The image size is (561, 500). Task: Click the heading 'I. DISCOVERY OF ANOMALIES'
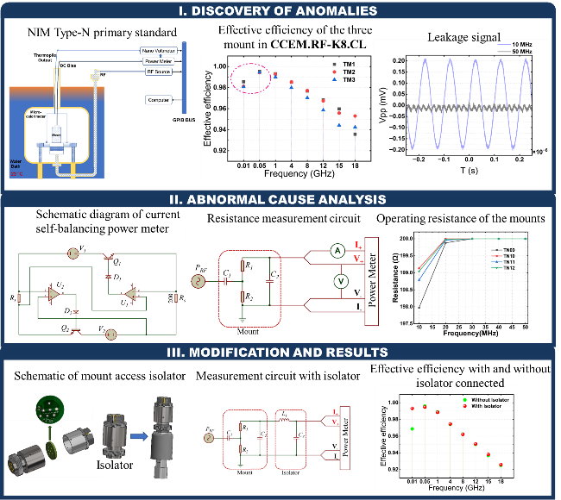(x=280, y=10)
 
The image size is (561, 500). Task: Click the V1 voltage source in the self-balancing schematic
(x=73, y=253)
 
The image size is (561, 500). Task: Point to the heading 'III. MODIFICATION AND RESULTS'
(x=280, y=352)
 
